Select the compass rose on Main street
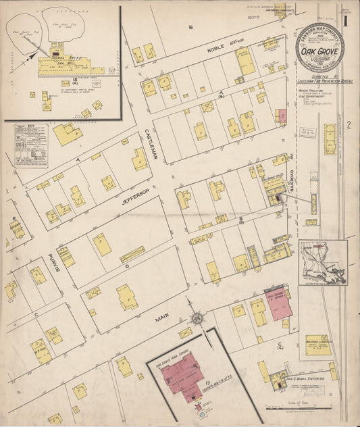coord(197,317)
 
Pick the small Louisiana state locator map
coord(324,261)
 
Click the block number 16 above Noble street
coord(191,26)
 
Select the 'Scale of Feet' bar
coord(297,407)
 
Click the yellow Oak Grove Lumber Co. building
coord(317,344)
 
